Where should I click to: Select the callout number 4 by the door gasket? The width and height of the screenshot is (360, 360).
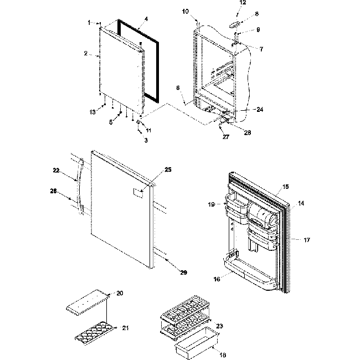146,19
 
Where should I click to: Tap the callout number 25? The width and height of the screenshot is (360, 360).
152,169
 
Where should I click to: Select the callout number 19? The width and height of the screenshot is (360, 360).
210,204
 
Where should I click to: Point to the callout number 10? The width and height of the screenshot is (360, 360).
200,12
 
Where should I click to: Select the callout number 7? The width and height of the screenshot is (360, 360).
260,49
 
